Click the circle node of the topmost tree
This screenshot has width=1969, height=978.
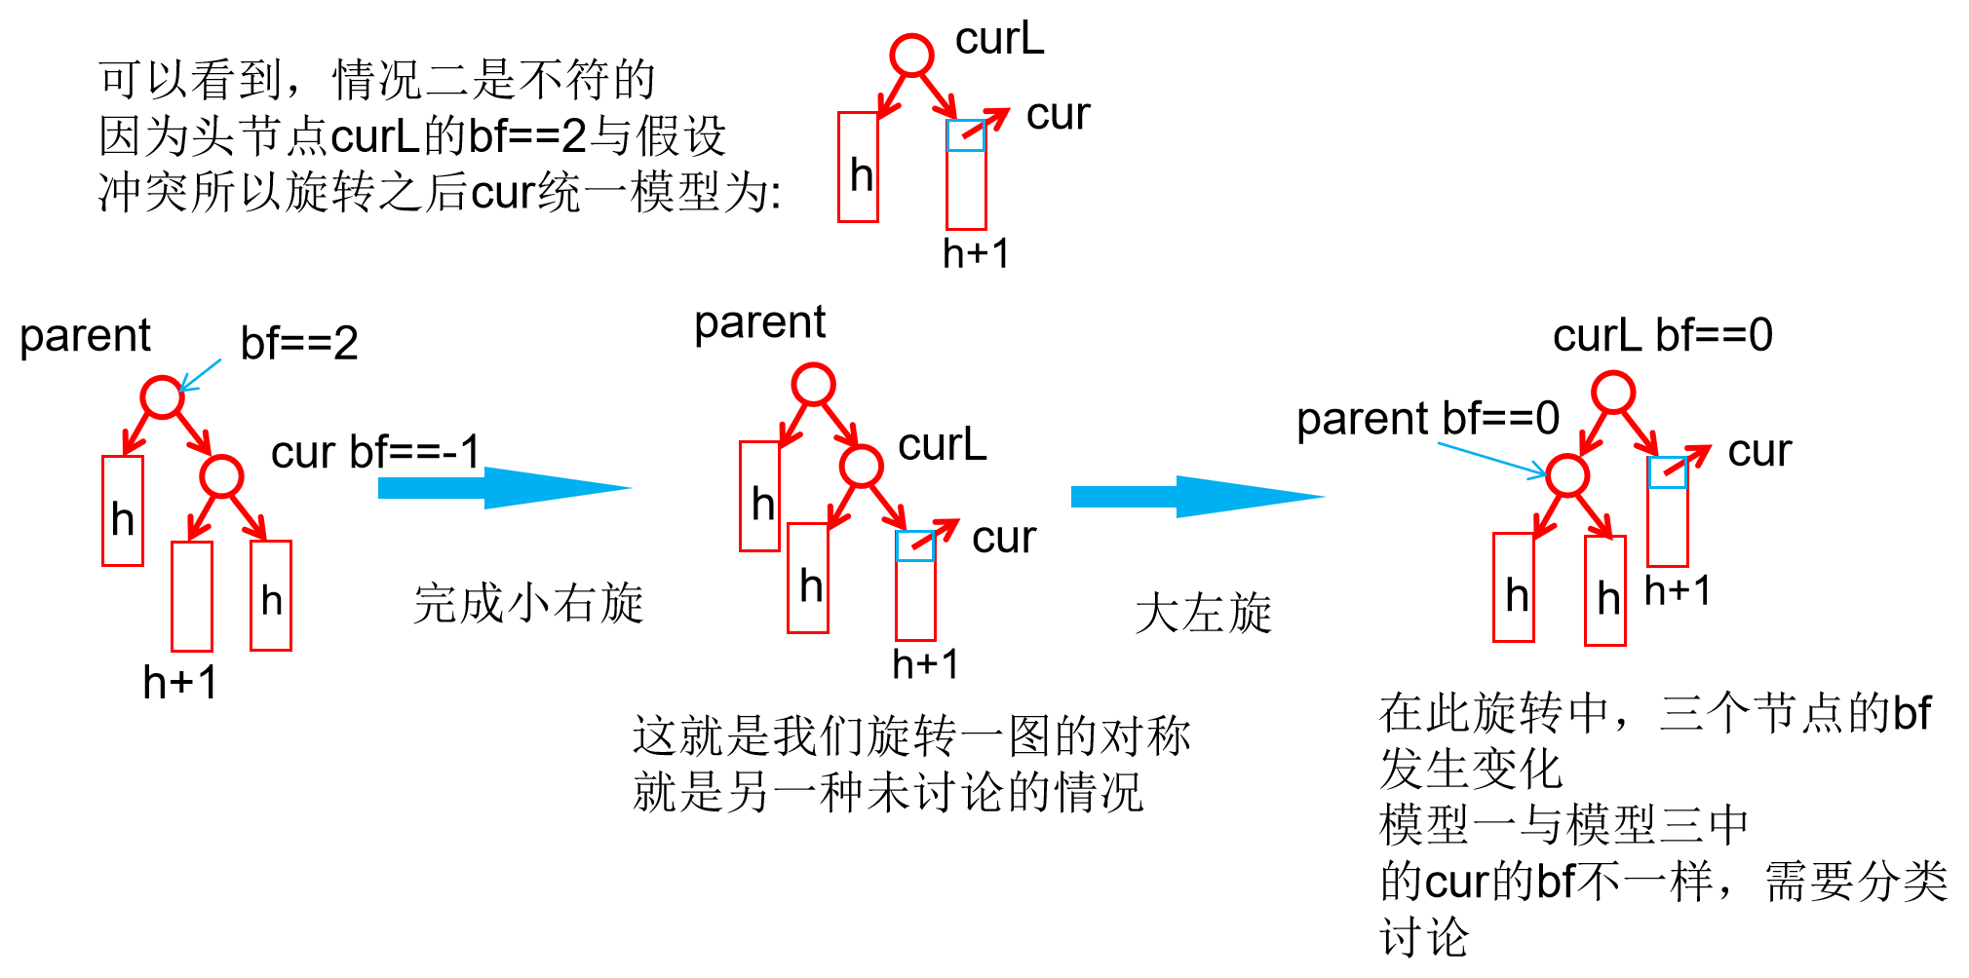(x=911, y=55)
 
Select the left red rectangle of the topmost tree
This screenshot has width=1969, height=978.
(x=858, y=167)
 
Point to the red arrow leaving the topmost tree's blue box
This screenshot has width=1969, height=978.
(x=988, y=122)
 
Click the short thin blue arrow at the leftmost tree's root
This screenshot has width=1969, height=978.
(x=202, y=375)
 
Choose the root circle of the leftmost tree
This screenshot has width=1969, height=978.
(x=162, y=396)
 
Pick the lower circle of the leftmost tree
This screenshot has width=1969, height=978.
(x=221, y=476)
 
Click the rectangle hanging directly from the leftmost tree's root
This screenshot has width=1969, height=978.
(x=123, y=510)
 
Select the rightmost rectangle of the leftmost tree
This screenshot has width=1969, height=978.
(x=271, y=595)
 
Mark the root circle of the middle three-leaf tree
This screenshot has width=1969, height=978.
(x=813, y=384)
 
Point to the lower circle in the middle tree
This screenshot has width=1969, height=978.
(x=862, y=467)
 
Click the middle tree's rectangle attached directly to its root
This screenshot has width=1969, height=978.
(x=759, y=496)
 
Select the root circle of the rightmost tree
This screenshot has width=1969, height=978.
(x=1613, y=392)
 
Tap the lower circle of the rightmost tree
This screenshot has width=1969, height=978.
(x=1567, y=475)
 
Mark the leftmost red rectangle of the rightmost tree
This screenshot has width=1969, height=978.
(x=1514, y=587)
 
